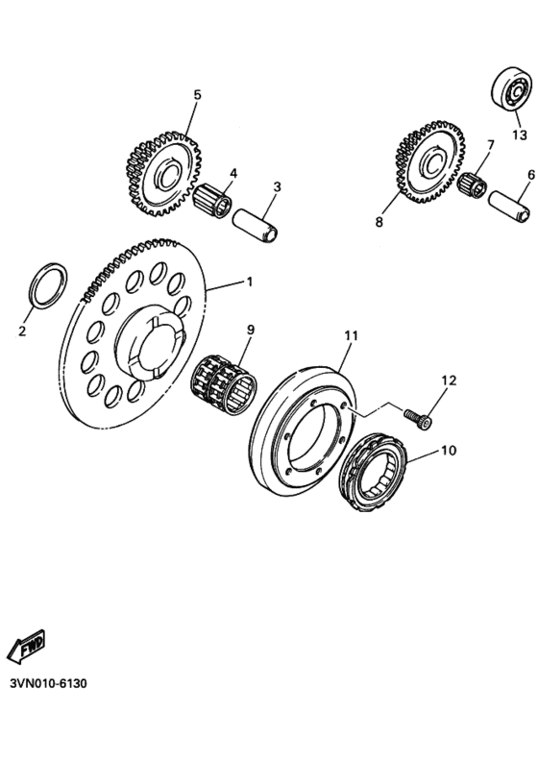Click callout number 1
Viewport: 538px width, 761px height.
(x=250, y=282)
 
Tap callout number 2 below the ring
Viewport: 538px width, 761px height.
(x=22, y=331)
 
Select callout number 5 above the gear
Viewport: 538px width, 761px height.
(x=198, y=94)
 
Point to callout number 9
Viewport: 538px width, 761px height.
(x=250, y=330)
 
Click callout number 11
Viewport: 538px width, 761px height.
(x=351, y=335)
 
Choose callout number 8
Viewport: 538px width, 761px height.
(x=379, y=222)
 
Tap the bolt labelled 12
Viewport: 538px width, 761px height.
(x=417, y=418)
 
